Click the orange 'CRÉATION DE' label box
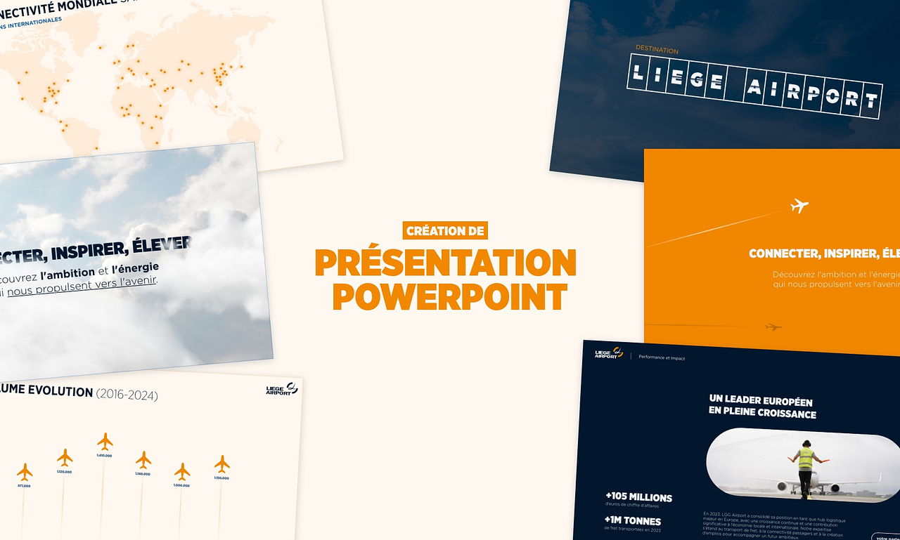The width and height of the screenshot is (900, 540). click(445, 230)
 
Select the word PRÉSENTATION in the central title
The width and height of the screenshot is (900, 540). click(445, 263)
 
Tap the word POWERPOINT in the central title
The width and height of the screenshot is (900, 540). click(449, 297)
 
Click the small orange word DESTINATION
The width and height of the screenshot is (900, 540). click(657, 51)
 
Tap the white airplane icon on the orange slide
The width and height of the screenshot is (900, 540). click(799, 206)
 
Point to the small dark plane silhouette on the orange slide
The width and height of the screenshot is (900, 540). click(773, 327)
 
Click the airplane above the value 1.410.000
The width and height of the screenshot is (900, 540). click(105, 442)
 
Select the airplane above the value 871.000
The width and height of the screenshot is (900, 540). click(25, 471)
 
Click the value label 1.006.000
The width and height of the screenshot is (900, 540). click(182, 485)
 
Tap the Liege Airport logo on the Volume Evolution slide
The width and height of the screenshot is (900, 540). click(281, 389)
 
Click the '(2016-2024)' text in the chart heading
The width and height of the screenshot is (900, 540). click(127, 395)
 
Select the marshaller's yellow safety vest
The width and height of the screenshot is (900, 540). click(806, 459)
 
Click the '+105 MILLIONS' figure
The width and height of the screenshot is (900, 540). click(638, 497)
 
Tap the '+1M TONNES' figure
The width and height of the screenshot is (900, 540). click(633, 521)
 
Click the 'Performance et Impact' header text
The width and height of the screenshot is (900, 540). click(661, 357)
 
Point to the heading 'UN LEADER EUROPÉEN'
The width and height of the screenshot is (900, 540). click(751, 401)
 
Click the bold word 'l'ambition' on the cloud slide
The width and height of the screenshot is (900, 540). click(67, 273)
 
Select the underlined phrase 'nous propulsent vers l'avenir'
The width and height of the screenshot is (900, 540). click(82, 284)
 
